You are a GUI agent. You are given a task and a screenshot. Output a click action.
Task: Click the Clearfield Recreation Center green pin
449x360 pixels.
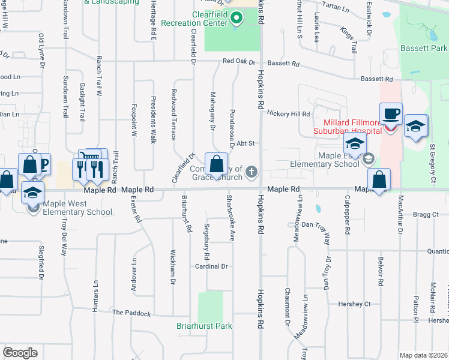[236, 18]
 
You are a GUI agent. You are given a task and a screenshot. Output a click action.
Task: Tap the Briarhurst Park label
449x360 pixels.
[204, 326]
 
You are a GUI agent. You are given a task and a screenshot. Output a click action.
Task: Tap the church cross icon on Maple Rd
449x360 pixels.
[252, 173]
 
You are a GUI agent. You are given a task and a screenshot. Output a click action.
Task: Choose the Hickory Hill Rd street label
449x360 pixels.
[288, 113]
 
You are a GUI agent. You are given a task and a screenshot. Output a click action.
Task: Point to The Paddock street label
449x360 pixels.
[131, 313]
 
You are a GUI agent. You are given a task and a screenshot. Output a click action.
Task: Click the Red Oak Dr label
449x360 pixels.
[238, 61]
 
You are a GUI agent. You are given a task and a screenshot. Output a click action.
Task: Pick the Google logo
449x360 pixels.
[20, 353]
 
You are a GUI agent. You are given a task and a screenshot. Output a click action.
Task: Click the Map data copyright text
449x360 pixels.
[424, 355]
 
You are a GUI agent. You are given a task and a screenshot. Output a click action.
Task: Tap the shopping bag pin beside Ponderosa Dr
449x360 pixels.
[215, 164]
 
